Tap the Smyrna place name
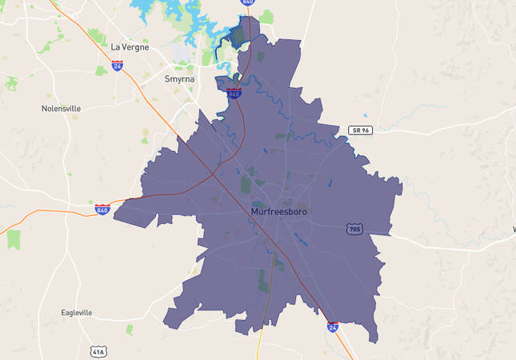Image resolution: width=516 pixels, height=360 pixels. point(178,79)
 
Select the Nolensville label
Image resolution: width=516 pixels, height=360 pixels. point(62,108)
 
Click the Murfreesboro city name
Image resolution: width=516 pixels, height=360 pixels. point(278,211)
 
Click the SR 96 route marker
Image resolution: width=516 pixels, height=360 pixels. point(361,130)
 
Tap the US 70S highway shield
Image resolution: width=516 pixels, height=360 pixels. point(354,230)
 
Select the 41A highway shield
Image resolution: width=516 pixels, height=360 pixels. point(98,351)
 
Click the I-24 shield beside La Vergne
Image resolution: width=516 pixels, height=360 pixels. point(118,66)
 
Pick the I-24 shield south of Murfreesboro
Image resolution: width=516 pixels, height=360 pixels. point(333,326)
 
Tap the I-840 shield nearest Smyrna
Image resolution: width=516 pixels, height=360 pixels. point(234,94)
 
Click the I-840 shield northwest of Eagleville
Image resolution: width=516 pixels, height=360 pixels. point(102,210)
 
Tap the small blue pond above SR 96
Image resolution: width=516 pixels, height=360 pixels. point(366,116)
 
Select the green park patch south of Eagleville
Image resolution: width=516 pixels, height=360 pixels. point(130,329)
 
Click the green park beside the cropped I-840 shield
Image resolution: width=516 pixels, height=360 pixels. point(266,16)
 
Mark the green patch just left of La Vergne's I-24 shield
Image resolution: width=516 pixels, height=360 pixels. point(101,70)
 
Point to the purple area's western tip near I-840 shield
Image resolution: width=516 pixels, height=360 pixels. point(115,214)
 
